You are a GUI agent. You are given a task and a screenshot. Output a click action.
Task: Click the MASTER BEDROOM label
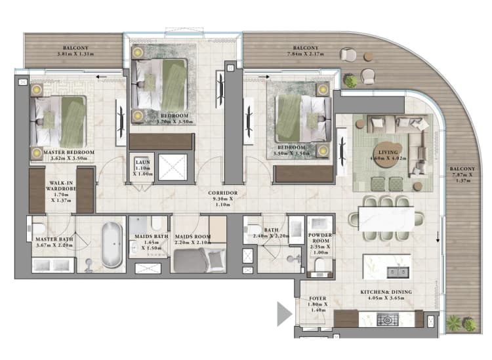click(x=69, y=152)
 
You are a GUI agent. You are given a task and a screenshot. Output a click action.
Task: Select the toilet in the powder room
click(x=321, y=264)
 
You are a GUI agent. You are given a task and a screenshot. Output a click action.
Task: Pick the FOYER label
click(x=318, y=299)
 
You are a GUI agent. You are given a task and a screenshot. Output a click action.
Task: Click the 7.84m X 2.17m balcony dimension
click(x=305, y=55)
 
